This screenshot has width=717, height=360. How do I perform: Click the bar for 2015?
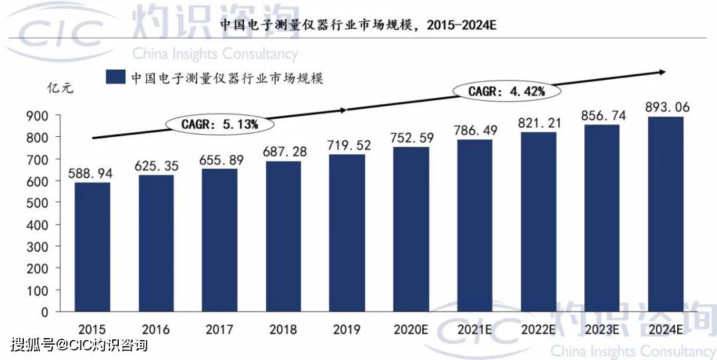point(92,247)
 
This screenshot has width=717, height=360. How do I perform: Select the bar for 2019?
point(347,233)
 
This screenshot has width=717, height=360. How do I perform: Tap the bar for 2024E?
point(665,215)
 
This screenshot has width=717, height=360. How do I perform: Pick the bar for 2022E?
point(538,222)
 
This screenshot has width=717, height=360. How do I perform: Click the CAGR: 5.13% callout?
point(219,124)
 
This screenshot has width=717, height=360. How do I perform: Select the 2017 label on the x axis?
point(219,329)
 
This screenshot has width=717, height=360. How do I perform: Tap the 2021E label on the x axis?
point(475,329)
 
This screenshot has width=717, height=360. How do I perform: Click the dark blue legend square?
point(116,77)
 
